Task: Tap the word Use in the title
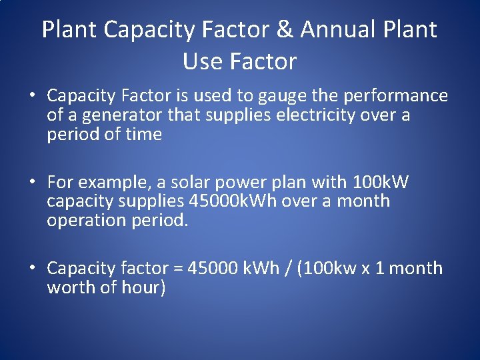point(203,62)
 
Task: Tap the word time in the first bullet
point(145,135)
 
